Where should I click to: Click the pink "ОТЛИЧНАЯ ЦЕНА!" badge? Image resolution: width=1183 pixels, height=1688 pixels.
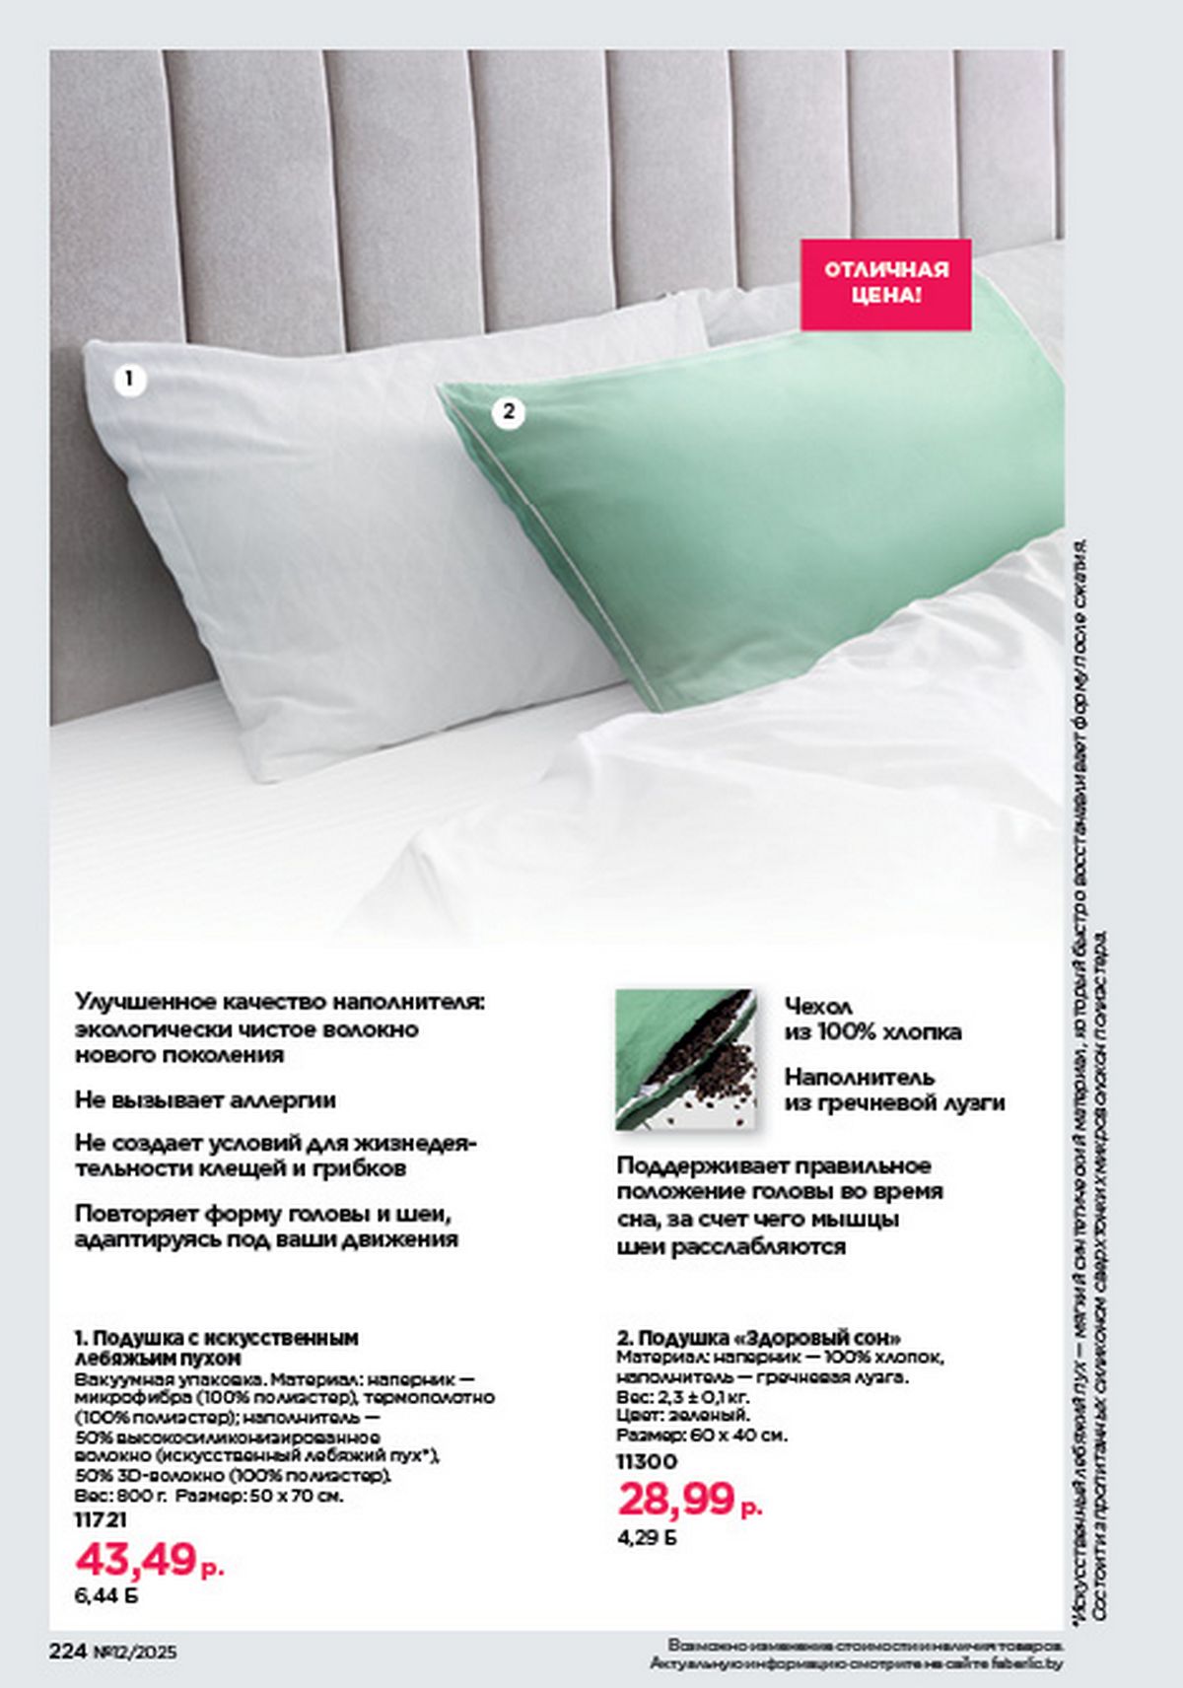885,284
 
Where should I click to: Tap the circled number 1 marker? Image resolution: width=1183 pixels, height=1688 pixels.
129,379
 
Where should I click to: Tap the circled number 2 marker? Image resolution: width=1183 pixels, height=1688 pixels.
508,411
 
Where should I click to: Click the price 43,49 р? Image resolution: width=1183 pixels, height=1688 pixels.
149,1560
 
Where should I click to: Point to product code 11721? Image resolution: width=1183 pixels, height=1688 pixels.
101,1520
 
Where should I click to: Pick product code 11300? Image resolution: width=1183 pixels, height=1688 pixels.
647,1461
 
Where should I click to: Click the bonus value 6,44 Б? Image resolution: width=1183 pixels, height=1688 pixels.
105,1594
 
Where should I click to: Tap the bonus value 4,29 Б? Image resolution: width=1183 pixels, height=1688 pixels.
647,1536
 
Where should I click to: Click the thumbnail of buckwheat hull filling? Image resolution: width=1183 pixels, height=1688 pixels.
685,1059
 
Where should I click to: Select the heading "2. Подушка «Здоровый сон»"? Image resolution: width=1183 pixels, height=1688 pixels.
759,1338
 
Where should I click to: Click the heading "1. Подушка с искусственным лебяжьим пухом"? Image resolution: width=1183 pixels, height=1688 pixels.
217,1348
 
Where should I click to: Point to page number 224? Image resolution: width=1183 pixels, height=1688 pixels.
69,1652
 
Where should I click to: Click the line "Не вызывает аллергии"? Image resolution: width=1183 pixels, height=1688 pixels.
205,1099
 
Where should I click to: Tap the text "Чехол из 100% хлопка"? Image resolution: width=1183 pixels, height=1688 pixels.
872,1019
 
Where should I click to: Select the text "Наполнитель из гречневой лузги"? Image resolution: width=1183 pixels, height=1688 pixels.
894,1090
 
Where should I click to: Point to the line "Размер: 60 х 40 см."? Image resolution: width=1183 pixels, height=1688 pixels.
702,1436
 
